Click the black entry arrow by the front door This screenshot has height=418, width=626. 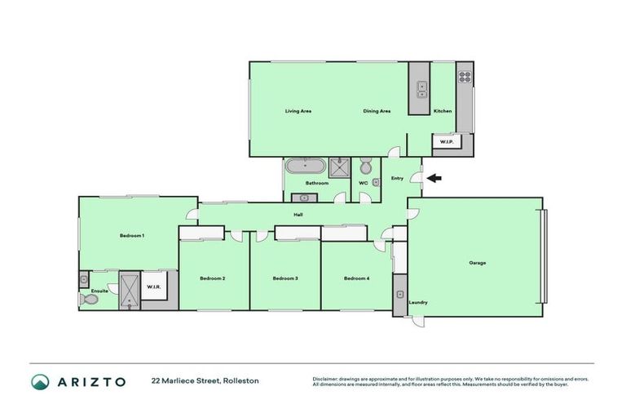click(434, 178)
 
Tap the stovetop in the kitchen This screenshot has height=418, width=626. click(465, 78)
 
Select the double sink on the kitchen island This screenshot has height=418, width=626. click(421, 88)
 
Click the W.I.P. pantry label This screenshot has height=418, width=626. click(446, 142)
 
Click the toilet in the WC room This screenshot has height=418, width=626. click(366, 167)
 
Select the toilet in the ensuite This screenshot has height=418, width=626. click(90, 300)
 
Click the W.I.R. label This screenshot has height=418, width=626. click(152, 287)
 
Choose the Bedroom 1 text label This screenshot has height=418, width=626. click(132, 235)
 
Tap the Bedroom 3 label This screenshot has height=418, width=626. click(285, 278)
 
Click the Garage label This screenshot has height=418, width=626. click(478, 263)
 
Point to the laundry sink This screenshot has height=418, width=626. click(399, 292)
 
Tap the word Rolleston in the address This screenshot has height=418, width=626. click(242, 381)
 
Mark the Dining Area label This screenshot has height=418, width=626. click(377, 111)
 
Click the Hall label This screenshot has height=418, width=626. click(299, 215)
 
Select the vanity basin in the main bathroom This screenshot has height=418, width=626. click(306, 195)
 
